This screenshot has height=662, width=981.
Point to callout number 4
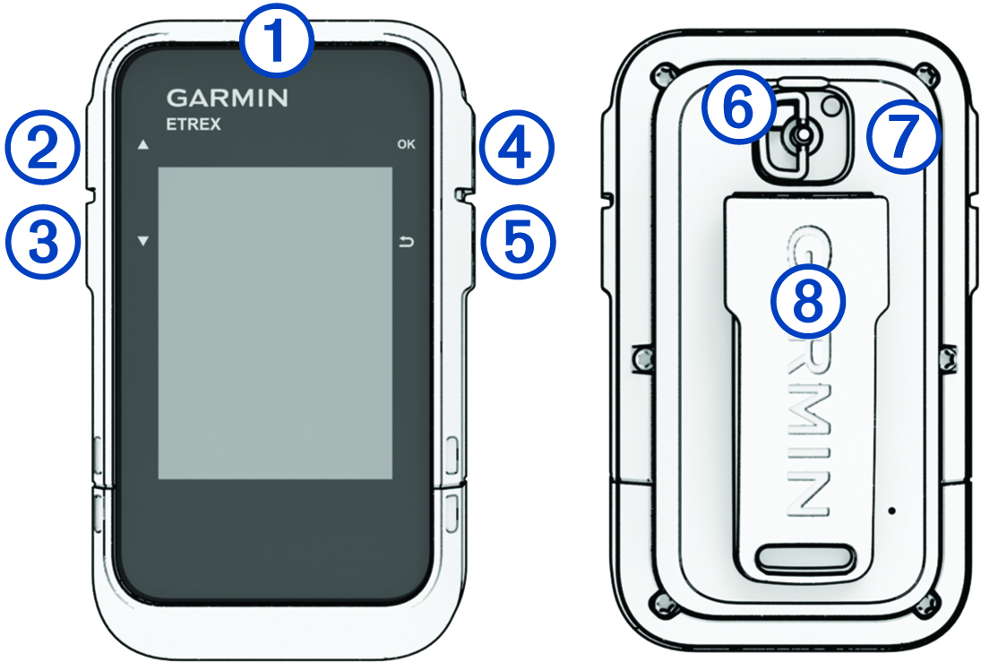[515, 149]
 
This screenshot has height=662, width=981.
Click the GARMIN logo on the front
[228, 98]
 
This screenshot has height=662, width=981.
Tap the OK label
[406, 144]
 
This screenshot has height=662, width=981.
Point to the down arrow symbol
[142, 241]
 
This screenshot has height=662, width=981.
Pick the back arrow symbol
[407, 242]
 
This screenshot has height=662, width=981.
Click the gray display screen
[274, 322]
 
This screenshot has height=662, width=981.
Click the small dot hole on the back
[891, 509]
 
